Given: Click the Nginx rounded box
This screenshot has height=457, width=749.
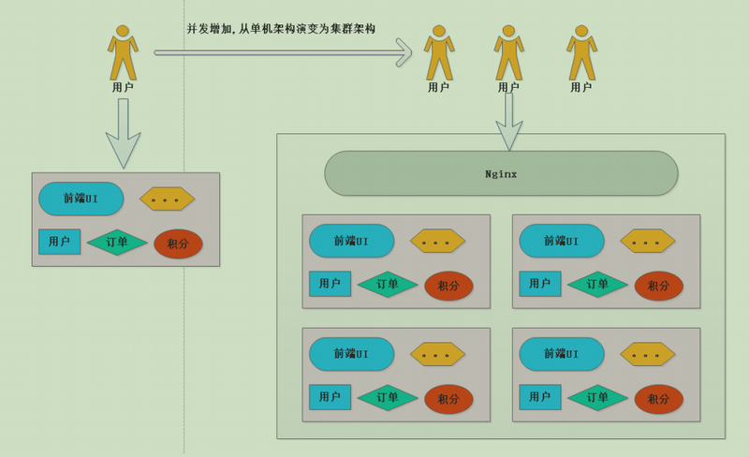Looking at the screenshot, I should pyautogui.click(x=501, y=174).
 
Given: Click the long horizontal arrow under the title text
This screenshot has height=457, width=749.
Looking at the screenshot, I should pyautogui.click(x=281, y=52).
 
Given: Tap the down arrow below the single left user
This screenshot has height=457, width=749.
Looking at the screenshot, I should pyautogui.click(x=123, y=131).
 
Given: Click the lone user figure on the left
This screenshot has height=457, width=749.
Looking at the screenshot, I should pyautogui.click(x=123, y=54).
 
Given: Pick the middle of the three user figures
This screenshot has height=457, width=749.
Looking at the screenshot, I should pyautogui.click(x=508, y=54).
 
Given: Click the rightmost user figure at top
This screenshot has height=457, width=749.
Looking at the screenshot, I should pyautogui.click(x=581, y=54).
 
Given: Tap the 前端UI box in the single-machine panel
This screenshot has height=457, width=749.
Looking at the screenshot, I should pyautogui.click(x=81, y=199).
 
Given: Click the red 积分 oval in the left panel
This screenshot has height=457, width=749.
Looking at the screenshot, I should pyautogui.click(x=178, y=244).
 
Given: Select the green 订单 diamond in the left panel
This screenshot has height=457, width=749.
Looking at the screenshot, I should pyautogui.click(x=117, y=242).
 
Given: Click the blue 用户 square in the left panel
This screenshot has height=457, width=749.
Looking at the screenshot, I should pyautogui.click(x=59, y=242).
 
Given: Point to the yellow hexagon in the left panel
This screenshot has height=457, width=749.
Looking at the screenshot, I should pyautogui.click(x=167, y=199).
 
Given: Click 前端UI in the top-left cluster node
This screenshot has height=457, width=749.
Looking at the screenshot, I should pyautogui.click(x=351, y=241).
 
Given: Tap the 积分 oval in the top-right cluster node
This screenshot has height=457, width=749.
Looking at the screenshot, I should pyautogui.click(x=658, y=286).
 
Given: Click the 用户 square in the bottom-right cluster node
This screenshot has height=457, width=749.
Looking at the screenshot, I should pyautogui.click(x=540, y=397).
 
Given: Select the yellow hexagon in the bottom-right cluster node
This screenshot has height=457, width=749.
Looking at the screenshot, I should pyautogui.click(x=647, y=354).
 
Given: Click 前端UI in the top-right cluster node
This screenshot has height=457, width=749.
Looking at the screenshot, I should pyautogui.click(x=561, y=241).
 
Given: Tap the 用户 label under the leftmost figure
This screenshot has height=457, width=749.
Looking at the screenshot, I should pyautogui.click(x=123, y=87).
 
